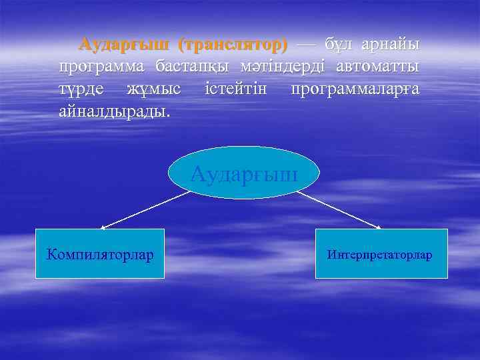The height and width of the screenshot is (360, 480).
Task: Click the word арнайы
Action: pos(391,45)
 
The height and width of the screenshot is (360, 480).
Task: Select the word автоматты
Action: pos(378,67)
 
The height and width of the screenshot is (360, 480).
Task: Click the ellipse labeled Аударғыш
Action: pos(243,173)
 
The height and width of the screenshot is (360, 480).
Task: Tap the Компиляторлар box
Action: pos(99,254)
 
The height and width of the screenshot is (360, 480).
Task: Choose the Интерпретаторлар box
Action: pos(381,254)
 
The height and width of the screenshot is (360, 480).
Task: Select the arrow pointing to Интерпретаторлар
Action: pos(339,211)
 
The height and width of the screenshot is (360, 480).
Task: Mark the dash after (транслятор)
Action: pos(306,45)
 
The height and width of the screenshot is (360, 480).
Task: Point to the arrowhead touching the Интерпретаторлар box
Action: pos(378,227)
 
